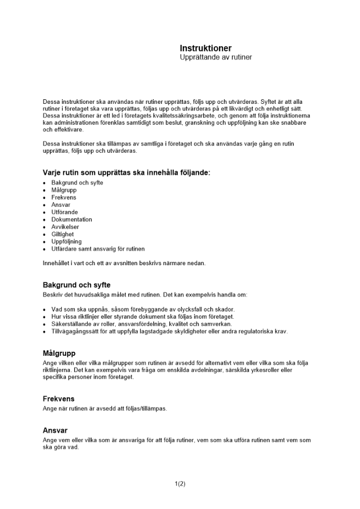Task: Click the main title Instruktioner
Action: coord(205,48)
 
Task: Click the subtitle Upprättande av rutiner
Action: coord(215,58)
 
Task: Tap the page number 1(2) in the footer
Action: coord(180,484)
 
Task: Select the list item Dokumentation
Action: coord(72,219)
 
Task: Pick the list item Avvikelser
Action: coord(65,227)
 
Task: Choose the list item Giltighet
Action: coord(63,234)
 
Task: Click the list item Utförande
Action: coord(65,212)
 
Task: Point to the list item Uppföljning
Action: coord(66,242)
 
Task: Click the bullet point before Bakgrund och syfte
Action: coord(45,183)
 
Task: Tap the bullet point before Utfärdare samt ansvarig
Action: coord(45,249)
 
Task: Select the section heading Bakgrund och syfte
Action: coord(76,285)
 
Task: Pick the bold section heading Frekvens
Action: coord(59,399)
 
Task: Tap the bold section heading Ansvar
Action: coord(55,430)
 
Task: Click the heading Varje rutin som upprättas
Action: coord(126,173)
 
